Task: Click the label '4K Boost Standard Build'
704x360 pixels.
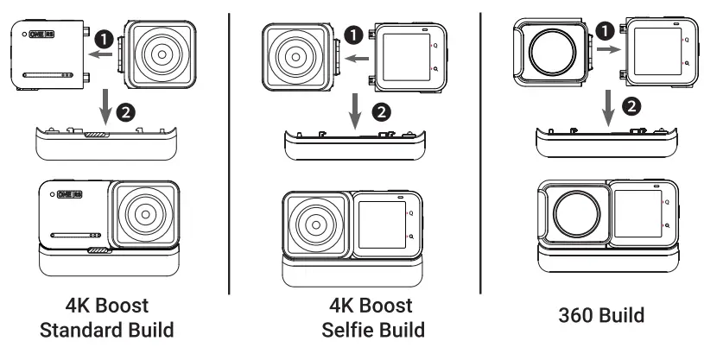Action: click(x=107, y=318)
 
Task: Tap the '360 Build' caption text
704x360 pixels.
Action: click(x=600, y=315)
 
